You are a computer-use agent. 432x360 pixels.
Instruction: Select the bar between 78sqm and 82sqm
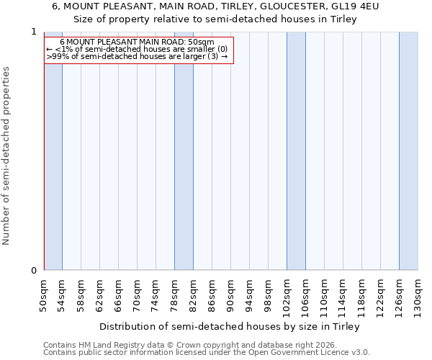pos(184,166)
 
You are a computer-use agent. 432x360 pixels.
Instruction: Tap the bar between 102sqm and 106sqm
pos(296,151)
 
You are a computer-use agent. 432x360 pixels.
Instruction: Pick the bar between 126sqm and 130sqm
pos(408,151)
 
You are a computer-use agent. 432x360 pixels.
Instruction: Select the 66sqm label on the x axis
pos(119,293)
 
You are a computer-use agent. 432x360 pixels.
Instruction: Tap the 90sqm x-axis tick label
pos(231,293)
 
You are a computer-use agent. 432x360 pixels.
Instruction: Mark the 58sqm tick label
pos(81,293)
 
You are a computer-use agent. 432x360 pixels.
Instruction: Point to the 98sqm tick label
pos(269,293)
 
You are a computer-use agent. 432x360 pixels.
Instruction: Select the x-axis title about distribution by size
pos(229,326)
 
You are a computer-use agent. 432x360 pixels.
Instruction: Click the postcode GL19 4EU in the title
pos(354,6)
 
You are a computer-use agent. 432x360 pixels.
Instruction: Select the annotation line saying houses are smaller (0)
pos(137,49)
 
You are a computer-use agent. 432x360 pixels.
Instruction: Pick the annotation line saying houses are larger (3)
pos(137,56)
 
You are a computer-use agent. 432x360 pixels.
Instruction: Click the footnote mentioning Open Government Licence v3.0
pos(207,352)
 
